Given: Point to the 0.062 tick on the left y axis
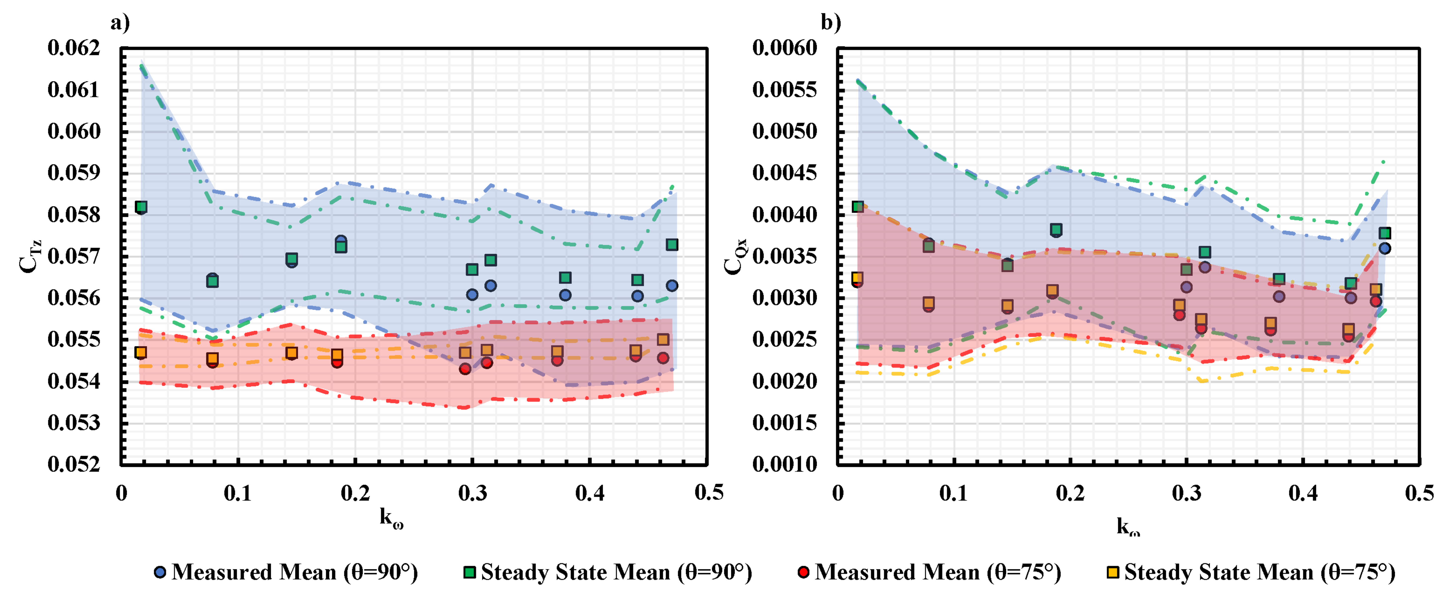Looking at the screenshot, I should [73, 48].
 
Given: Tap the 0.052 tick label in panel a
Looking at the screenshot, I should [73, 465].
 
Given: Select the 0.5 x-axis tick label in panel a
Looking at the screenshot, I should [708, 493].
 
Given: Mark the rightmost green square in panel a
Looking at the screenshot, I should [672, 245].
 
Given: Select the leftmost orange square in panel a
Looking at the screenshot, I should [141, 352].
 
